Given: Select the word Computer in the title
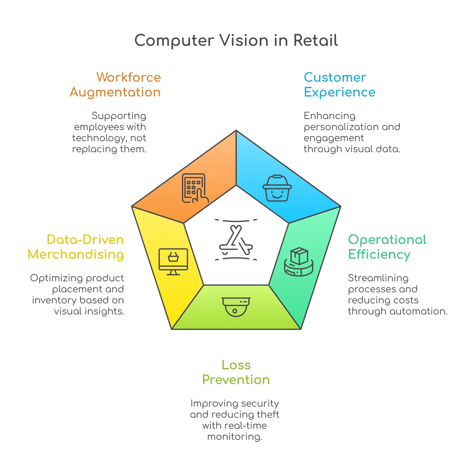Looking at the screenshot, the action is coord(174,41).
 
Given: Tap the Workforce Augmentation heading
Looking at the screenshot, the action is coord(115,85).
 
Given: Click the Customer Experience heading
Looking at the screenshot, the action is coord(340,85).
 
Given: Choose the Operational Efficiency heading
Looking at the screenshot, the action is coord(387,247).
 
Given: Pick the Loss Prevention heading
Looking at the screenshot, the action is coord(236,372).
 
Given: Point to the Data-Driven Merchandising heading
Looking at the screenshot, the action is coord(76,247).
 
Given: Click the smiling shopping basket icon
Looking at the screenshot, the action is coord(277,188).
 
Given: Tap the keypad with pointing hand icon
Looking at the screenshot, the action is coord(195,188).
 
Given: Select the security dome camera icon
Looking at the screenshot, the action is coord(236,307).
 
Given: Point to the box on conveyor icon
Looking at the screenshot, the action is coord(299,262).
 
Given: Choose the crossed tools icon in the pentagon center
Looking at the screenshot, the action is coord(236,240).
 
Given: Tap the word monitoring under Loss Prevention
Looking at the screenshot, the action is coord(235,437).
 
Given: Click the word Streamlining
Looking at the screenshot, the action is coord(378,278).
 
